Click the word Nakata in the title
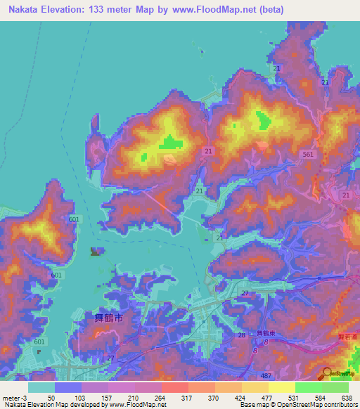click(x=22, y=9)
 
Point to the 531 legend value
click(x=295, y=398)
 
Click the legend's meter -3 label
click(x=14, y=398)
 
